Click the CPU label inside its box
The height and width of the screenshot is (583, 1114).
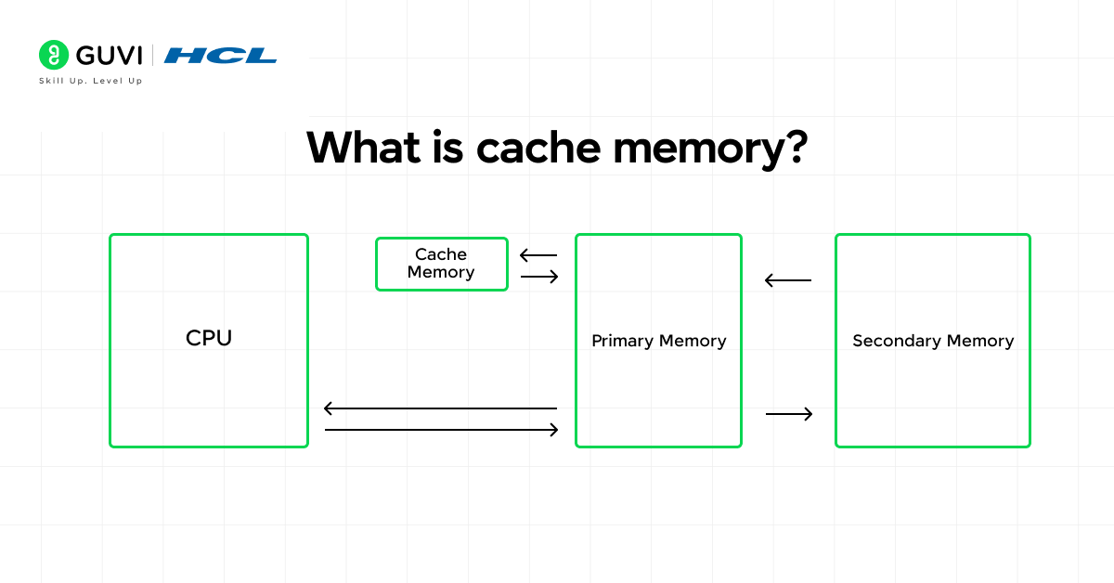[x=209, y=338]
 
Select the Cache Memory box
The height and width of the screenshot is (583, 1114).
[x=442, y=264]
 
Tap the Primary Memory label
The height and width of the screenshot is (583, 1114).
[x=658, y=341]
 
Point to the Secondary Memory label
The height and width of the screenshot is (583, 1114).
[x=933, y=341]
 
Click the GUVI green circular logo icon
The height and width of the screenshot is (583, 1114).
[x=54, y=55]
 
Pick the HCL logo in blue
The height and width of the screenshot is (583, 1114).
[x=220, y=56]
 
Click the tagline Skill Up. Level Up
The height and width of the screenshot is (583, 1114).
[x=90, y=81]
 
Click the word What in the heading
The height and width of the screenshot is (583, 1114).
[x=362, y=148]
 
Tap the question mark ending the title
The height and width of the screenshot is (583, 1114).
[x=792, y=148]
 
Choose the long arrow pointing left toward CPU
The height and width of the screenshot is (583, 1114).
[x=440, y=408]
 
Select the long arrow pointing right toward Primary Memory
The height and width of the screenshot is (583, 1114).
[x=442, y=430]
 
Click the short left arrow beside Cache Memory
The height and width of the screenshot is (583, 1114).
[x=538, y=255]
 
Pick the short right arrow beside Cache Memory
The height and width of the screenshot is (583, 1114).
[x=539, y=276]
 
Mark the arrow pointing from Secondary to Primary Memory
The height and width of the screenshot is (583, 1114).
[x=788, y=280]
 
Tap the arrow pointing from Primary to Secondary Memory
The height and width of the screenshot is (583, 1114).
[x=789, y=414]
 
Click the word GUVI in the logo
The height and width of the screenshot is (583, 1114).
[x=110, y=55]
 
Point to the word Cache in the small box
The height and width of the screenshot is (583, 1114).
[x=441, y=254]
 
